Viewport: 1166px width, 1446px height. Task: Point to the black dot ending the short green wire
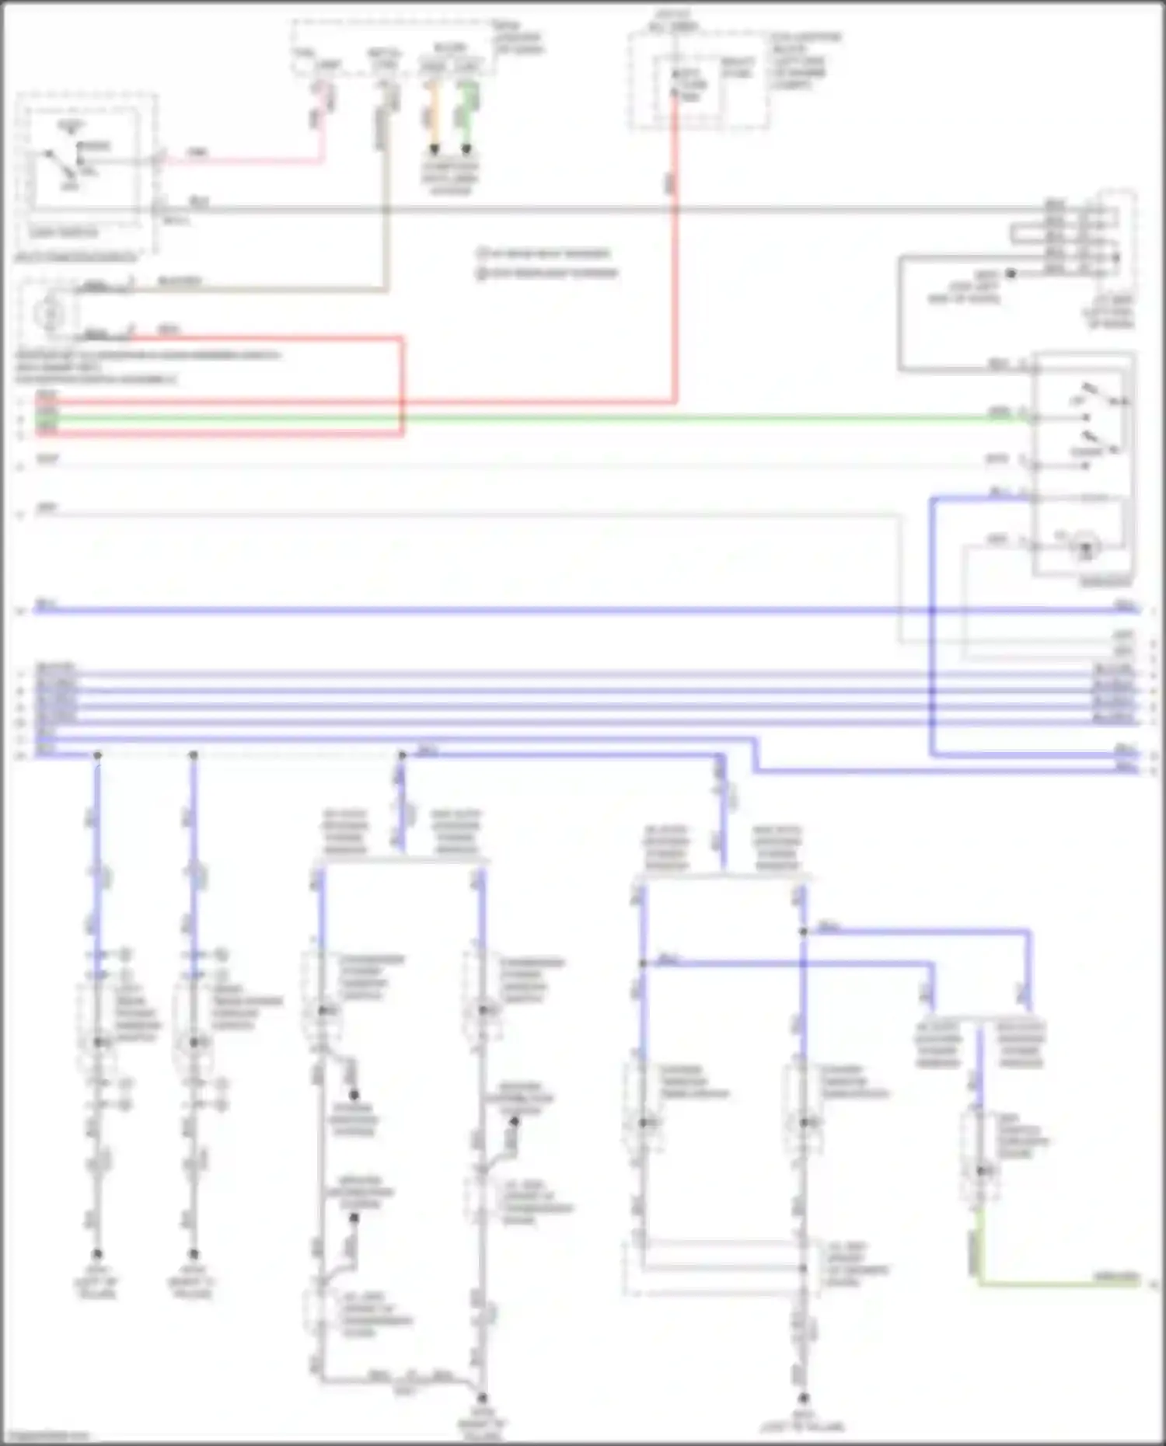click(466, 148)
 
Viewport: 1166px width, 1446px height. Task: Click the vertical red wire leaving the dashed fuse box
click(675, 272)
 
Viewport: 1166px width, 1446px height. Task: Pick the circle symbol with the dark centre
click(1085, 548)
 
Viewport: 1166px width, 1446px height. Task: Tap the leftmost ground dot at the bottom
click(97, 1253)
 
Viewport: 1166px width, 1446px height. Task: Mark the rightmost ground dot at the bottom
click(804, 1398)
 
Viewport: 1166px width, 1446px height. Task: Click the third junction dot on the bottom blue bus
click(402, 754)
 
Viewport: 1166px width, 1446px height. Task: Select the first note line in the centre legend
click(544, 253)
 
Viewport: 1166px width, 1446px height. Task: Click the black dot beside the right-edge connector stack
click(1011, 274)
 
